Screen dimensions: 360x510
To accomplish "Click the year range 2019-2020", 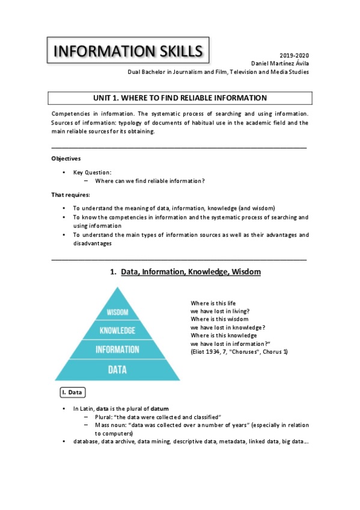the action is coord(294,55).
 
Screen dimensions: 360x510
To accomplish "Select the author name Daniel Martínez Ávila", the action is coord(279,63).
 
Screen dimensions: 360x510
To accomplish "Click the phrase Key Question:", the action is coord(93,172).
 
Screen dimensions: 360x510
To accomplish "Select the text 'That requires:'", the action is coord(70,195).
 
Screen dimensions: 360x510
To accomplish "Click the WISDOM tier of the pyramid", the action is coord(118,312).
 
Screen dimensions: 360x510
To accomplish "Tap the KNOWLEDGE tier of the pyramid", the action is coord(117,330).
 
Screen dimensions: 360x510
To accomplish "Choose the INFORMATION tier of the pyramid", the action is coord(117,349).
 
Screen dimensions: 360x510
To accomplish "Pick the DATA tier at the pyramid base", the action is coord(117,369).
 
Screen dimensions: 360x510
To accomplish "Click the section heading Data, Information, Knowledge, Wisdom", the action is coord(191,272).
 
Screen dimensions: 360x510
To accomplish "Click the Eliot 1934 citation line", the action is coord(239,351).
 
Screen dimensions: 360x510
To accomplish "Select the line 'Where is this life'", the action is coord(213,304).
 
